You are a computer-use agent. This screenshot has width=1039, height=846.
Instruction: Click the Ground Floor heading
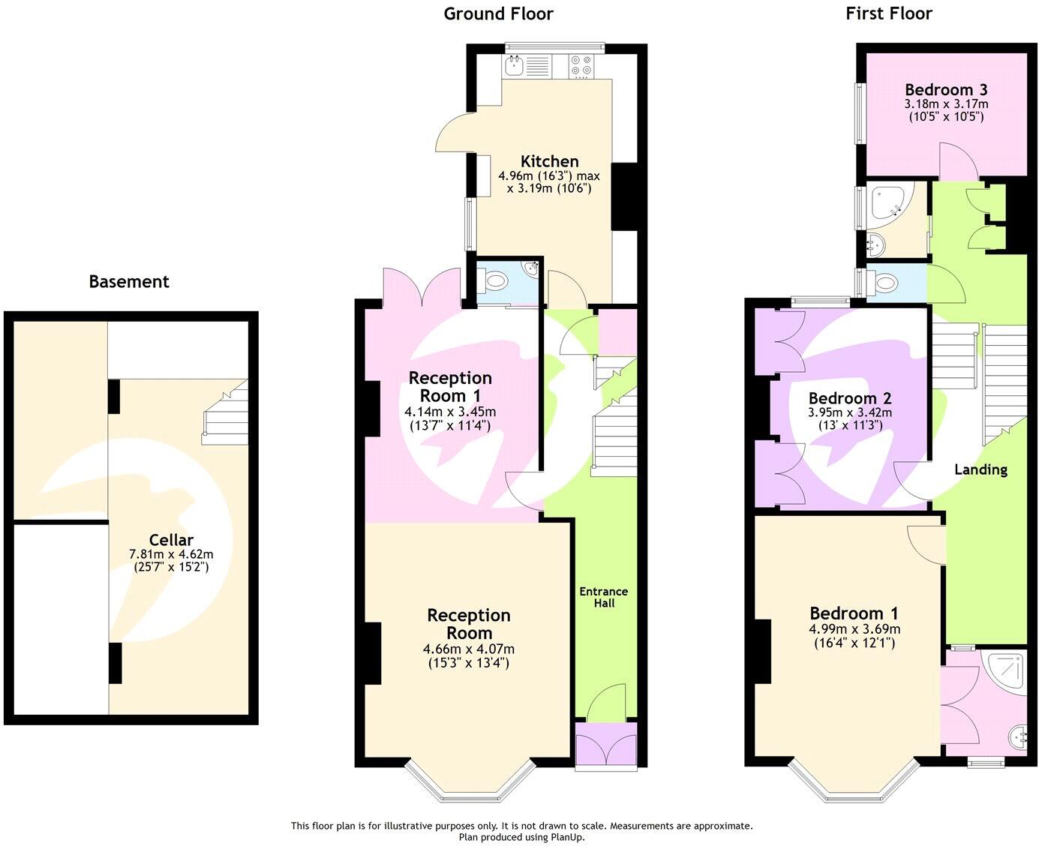(498, 13)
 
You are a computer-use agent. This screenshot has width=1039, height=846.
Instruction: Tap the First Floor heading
(888, 13)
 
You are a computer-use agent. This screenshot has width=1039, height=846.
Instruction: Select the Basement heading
(129, 282)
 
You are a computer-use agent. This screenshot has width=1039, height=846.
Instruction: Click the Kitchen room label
(549, 161)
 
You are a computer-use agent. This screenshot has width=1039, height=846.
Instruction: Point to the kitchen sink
(515, 67)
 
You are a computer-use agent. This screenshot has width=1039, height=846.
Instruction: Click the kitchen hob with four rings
(580, 67)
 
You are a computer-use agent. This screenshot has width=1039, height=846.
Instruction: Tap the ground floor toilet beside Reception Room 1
(496, 282)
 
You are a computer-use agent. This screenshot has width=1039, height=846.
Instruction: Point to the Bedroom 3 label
(945, 89)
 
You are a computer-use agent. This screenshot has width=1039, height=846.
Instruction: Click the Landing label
(980, 469)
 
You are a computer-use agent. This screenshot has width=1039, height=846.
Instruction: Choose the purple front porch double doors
(605, 745)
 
